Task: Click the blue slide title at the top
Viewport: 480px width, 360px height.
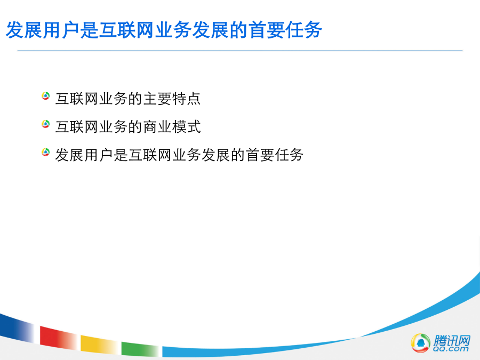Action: click(x=164, y=30)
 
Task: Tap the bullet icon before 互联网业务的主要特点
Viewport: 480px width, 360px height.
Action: click(x=46, y=96)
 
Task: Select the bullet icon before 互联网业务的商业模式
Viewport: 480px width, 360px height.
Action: click(x=46, y=124)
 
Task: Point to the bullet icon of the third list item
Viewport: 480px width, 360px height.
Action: click(x=46, y=152)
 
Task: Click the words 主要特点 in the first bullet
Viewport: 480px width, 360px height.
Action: click(x=172, y=99)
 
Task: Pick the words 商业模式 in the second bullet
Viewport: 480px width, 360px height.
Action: click(x=172, y=127)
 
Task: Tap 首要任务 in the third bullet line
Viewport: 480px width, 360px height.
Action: click(x=275, y=155)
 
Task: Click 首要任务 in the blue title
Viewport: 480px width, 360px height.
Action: click(x=285, y=30)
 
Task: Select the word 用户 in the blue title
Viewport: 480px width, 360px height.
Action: click(x=61, y=30)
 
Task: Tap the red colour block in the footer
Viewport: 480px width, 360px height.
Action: click(x=58, y=338)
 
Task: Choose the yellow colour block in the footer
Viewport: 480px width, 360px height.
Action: click(x=99, y=344)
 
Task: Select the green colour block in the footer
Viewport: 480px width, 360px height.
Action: click(x=140, y=349)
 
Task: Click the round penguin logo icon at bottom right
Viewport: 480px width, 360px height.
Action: click(x=420, y=343)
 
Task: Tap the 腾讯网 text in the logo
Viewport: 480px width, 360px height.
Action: click(x=452, y=340)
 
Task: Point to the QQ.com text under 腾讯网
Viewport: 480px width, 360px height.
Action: click(x=451, y=349)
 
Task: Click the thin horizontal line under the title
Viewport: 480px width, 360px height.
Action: click(x=239, y=51)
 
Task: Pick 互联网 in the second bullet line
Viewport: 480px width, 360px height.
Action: click(x=77, y=127)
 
